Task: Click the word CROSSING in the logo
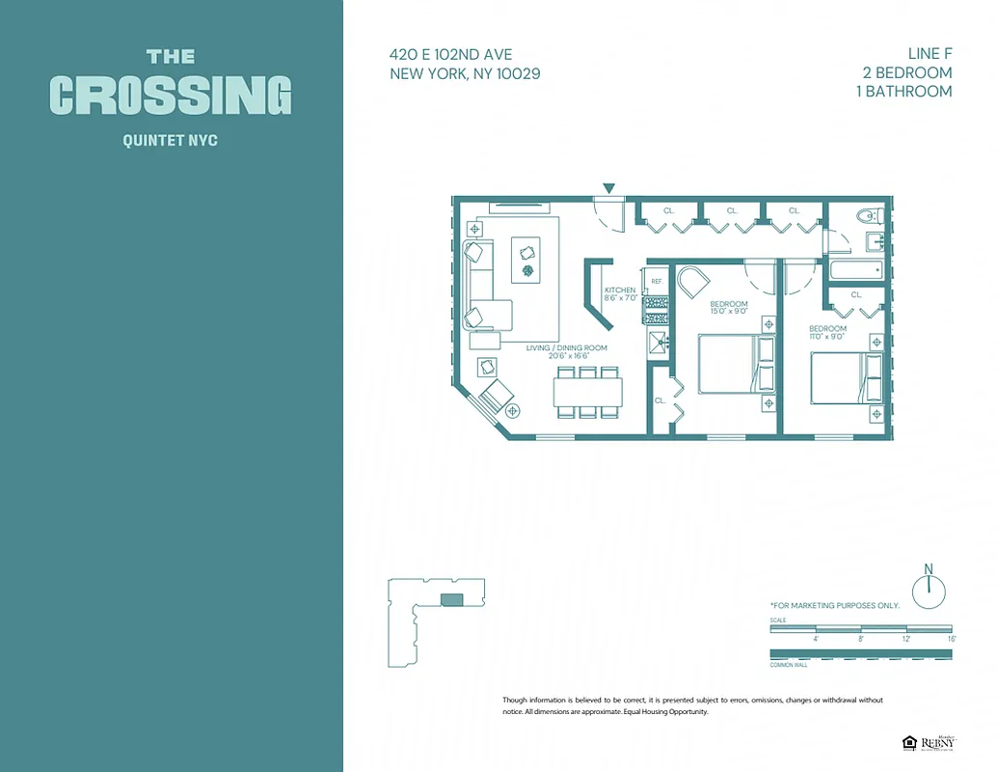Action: pyautogui.click(x=171, y=96)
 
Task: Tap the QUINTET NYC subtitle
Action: pyautogui.click(x=171, y=141)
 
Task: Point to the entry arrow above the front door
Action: pyautogui.click(x=608, y=187)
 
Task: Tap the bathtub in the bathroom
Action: pyautogui.click(x=854, y=270)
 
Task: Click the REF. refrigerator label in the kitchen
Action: pyautogui.click(x=657, y=282)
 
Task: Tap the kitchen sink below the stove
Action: pyautogui.click(x=658, y=339)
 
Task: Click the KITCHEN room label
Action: pyautogui.click(x=620, y=290)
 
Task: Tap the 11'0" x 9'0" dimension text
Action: pyautogui.click(x=827, y=337)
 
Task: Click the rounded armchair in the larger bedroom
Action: pyautogui.click(x=692, y=284)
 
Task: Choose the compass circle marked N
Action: pyautogui.click(x=929, y=591)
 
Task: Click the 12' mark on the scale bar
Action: pyautogui.click(x=905, y=639)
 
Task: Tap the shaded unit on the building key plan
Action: pyautogui.click(x=451, y=600)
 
